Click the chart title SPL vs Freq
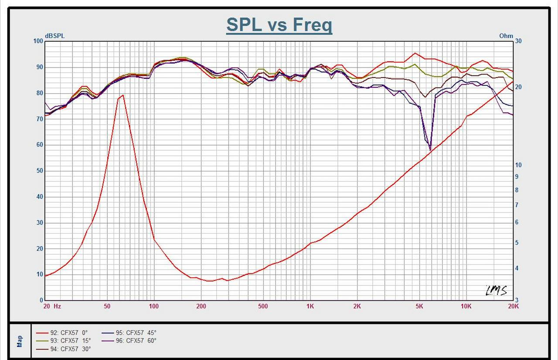(x=279, y=25)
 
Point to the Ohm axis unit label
(x=506, y=36)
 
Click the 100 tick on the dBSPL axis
(x=38, y=41)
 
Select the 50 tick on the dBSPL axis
(x=40, y=171)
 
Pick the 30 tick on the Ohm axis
(x=518, y=41)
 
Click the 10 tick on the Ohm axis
(x=518, y=165)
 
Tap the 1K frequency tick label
(x=310, y=306)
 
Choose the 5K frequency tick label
(x=419, y=306)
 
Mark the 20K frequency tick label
(x=514, y=306)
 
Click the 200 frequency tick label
(x=201, y=306)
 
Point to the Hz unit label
(x=57, y=306)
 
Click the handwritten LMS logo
(x=496, y=290)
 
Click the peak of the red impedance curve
(x=123, y=95)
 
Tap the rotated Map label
(x=19, y=341)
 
